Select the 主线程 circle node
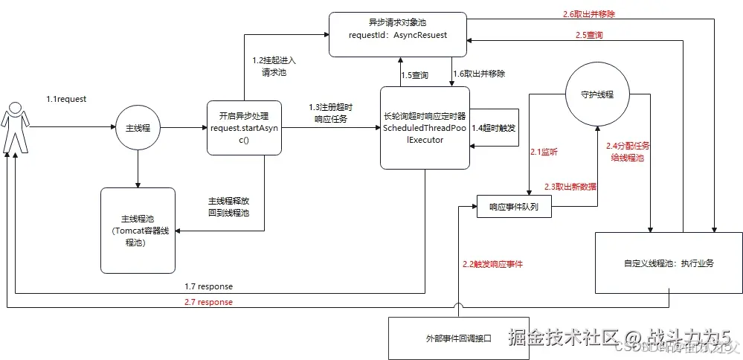(138, 128)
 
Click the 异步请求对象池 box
(398, 34)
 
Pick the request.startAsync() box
(245, 127)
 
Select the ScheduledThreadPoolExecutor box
(425, 127)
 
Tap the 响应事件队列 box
(515, 206)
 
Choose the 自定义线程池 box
(669, 263)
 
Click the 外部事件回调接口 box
(459, 338)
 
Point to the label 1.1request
(67, 97)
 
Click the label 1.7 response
(209, 286)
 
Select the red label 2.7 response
(209, 302)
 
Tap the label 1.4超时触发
(495, 128)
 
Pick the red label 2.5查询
(589, 34)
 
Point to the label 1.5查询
(415, 75)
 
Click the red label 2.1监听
(544, 152)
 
